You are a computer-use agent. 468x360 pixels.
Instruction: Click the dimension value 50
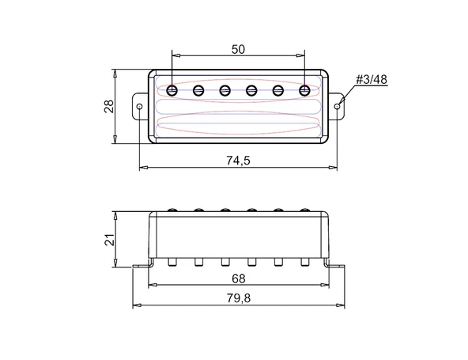[x=238, y=48]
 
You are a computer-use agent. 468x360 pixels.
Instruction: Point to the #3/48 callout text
[x=370, y=81]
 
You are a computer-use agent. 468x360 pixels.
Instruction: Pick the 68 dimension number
[x=238, y=278]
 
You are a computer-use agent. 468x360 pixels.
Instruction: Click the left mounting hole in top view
[x=140, y=104]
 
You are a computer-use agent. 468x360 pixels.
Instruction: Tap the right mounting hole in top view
[x=338, y=104]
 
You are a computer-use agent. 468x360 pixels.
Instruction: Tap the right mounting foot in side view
[x=337, y=266]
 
